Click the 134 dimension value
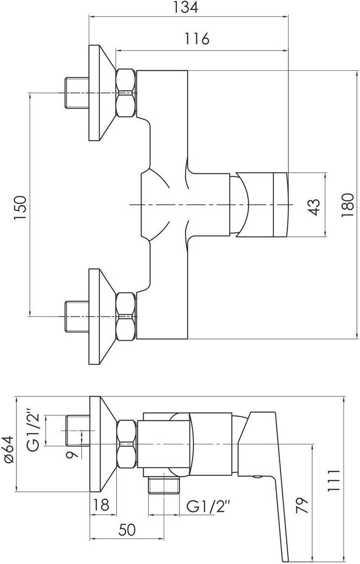click(x=186, y=8)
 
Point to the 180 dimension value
click(x=348, y=205)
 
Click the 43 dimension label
click(x=314, y=207)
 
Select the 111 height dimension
click(x=333, y=480)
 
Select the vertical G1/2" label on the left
click(x=34, y=429)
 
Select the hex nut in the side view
click(x=126, y=444)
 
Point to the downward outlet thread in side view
click(x=164, y=486)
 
